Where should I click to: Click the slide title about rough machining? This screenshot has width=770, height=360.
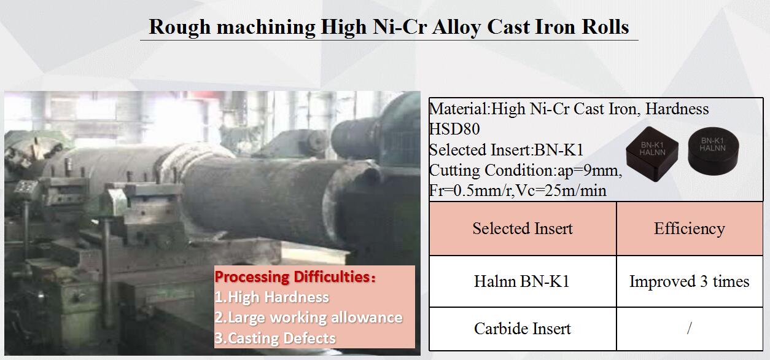coord(389,27)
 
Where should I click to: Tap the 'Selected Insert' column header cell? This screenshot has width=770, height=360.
coord(523,229)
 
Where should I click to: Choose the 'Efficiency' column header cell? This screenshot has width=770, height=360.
coord(689,229)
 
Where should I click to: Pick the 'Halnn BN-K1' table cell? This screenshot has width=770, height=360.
coord(523,281)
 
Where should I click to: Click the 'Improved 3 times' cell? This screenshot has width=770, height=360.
coord(689,281)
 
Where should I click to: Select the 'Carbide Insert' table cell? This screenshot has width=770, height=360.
coord(523,329)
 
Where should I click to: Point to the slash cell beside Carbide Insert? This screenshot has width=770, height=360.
coord(689,329)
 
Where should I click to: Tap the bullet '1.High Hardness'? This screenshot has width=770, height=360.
coord(271,297)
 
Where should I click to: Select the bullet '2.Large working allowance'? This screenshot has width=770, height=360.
coord(308,318)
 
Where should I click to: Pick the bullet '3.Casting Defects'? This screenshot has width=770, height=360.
coord(275,338)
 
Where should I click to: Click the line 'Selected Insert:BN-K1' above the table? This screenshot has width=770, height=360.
coord(506,150)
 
